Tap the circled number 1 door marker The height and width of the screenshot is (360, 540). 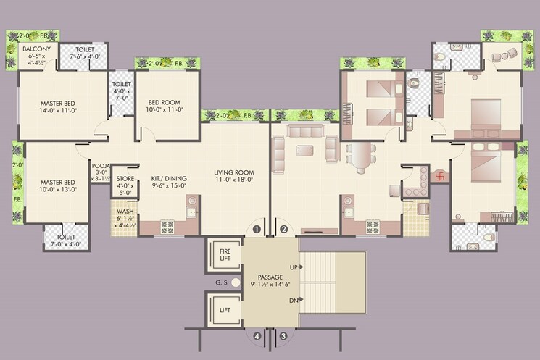[x=257, y=230]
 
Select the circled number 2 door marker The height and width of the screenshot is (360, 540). [x=283, y=230]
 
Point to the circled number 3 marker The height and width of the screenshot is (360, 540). [x=283, y=336]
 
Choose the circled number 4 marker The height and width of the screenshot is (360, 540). [x=257, y=336]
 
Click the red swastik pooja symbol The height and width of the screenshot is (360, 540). [x=437, y=176]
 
